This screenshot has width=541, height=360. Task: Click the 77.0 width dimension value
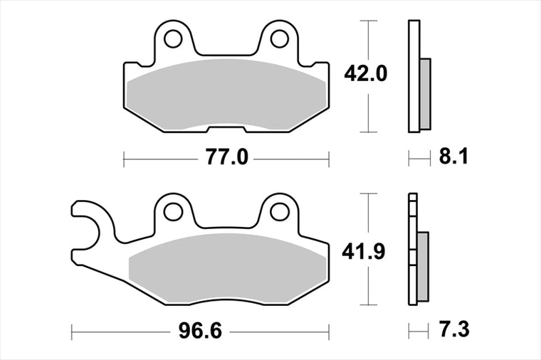pos(227,157)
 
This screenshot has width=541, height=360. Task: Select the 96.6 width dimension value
pos(200,332)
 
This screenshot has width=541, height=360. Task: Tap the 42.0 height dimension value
pos(366,74)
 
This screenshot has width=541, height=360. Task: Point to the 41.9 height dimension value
pos(363,253)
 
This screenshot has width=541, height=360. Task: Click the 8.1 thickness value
pos(454,157)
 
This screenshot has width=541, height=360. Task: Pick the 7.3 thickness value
pos(454,329)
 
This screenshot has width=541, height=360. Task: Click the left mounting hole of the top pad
pos(173,39)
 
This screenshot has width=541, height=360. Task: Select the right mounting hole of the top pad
pos(280,39)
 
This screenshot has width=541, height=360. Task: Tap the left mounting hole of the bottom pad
pos(173,212)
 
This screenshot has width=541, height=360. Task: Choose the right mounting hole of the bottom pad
pos(280,212)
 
